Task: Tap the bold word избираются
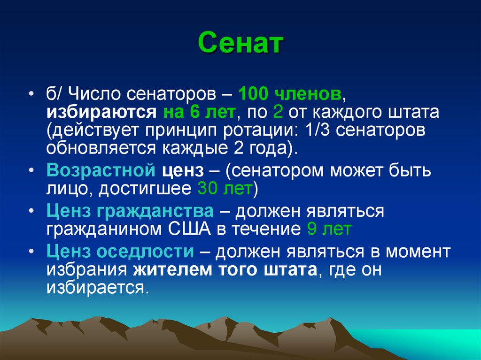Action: click(101, 113)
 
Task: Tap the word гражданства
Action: click(156, 211)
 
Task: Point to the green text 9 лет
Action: click(328, 230)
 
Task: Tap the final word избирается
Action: click(97, 287)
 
